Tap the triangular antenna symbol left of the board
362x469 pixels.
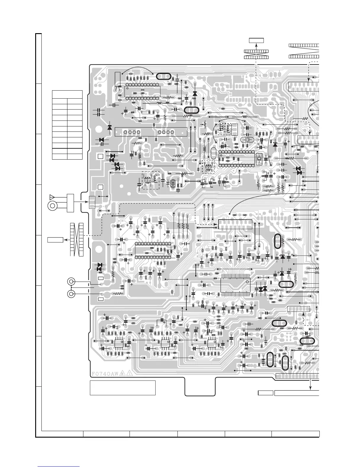point(52,197)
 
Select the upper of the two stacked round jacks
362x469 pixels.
point(71,281)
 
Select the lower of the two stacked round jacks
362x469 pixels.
point(71,294)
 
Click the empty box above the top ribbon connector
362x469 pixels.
point(256,40)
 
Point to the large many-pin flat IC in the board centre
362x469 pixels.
point(235,285)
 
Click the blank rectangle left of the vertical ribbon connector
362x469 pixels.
point(55,240)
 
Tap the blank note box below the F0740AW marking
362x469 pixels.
point(123,388)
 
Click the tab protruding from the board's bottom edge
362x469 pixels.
point(200,386)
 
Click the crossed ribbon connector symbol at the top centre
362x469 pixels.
point(256,54)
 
